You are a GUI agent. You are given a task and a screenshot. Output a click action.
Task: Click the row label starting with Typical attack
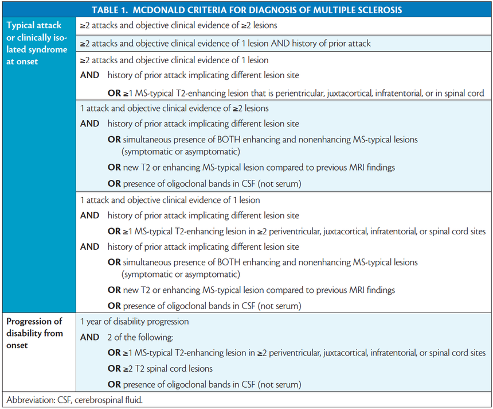[33, 26]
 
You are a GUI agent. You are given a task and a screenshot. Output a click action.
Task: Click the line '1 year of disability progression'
[134, 321]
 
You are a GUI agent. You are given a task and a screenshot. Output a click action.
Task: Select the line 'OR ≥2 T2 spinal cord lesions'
[160, 368]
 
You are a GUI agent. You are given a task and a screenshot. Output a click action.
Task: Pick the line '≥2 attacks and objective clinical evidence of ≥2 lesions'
[179, 26]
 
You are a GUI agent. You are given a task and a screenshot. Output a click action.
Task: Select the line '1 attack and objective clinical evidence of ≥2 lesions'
[174, 108]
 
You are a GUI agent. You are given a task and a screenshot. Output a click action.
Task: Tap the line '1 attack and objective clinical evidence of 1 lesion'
[170, 200]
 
